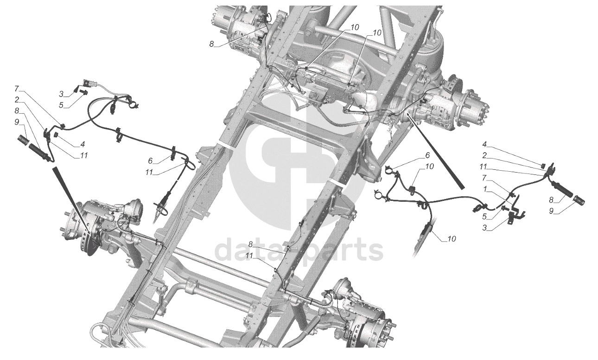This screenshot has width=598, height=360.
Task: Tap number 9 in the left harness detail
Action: (17, 122)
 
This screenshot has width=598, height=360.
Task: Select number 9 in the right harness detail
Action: (552, 211)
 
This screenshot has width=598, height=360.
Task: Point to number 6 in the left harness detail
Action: (150, 160)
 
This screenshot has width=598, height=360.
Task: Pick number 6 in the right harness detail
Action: (427, 154)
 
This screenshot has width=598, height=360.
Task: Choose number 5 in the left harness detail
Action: (61, 105)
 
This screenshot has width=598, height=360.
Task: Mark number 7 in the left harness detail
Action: (17, 88)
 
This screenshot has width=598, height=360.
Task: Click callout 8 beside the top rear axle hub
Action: (211, 44)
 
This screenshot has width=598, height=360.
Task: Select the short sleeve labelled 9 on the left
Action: (23, 139)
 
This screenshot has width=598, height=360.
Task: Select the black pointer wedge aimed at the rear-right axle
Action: (436, 153)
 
